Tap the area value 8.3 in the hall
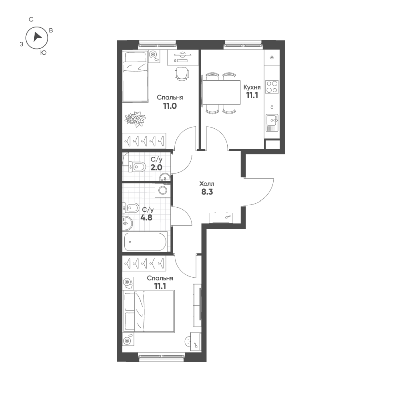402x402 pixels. tap(207, 192)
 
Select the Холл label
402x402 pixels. tap(207, 184)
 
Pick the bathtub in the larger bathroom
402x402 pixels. tap(145, 242)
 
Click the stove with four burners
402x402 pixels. tap(272, 87)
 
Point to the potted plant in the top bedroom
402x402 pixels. tap(135, 119)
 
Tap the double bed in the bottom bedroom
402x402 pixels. tap(149, 312)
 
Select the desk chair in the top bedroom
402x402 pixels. tap(182, 74)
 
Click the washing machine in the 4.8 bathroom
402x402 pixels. tap(162, 190)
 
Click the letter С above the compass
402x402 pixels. tap(31, 19)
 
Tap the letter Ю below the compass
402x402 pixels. tap(44, 52)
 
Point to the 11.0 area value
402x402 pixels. tap(169, 106)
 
